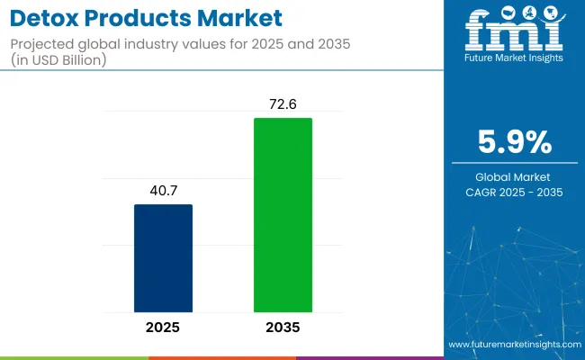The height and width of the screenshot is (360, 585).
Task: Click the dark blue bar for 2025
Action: pyautogui.click(x=163, y=257)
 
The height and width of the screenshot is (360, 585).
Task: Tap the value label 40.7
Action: pyautogui.click(x=163, y=190)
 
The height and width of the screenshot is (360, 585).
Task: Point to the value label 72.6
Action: pyautogui.click(x=283, y=103)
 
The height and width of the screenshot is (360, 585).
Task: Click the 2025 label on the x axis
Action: pyautogui.click(x=163, y=327)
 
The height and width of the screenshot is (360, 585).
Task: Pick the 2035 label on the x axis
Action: pyautogui.click(x=283, y=327)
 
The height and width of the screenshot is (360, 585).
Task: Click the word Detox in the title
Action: pyautogui.click(x=42, y=17)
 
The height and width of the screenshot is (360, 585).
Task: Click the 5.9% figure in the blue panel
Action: pyautogui.click(x=514, y=142)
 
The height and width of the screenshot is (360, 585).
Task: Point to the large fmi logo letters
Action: pyautogui.click(x=514, y=31)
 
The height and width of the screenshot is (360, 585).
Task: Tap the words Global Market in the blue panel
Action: pyautogui.click(x=514, y=176)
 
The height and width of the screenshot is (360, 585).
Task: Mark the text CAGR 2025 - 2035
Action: pyautogui.click(x=514, y=193)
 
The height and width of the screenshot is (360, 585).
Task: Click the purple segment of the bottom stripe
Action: pyautogui.click(x=369, y=357)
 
